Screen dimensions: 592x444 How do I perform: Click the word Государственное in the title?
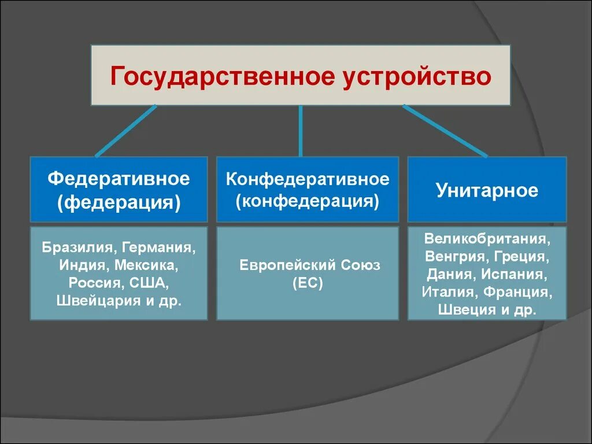click(222, 76)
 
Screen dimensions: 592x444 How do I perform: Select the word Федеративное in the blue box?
click(119, 179)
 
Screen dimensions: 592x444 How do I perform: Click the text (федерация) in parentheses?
click(119, 202)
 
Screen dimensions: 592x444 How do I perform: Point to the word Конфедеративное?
click(308, 179)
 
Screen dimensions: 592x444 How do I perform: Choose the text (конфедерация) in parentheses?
click(308, 202)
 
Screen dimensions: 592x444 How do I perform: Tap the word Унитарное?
click(487, 191)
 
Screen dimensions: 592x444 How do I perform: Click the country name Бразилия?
click(78, 248)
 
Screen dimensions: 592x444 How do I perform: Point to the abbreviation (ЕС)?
click(308, 283)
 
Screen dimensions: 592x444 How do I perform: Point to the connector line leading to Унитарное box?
click(445, 131)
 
